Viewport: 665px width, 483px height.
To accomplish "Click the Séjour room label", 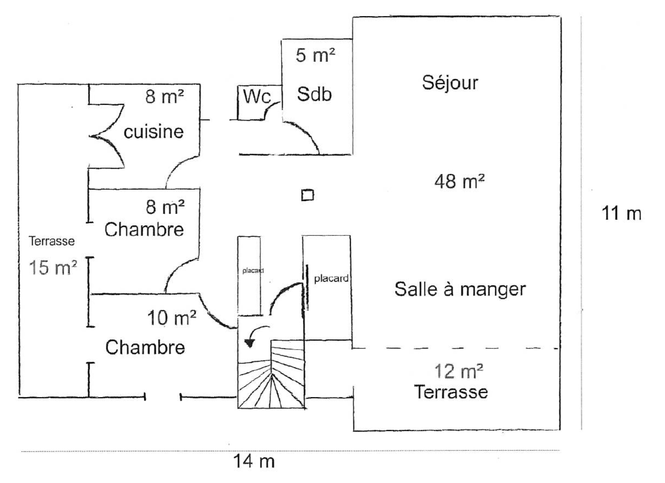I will click(x=450, y=83).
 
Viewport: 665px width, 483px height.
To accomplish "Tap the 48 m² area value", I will click(x=459, y=182).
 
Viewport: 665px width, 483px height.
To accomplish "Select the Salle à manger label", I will click(x=460, y=289).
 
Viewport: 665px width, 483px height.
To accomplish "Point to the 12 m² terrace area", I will click(x=458, y=371).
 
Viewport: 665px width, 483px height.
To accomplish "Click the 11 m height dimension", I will click(x=621, y=213).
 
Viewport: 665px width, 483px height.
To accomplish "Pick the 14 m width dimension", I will click(x=254, y=461).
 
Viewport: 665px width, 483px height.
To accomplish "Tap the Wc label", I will click(x=257, y=97).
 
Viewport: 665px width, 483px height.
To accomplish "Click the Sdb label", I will click(x=314, y=94).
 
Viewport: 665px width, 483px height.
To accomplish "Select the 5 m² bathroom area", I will click(x=315, y=55).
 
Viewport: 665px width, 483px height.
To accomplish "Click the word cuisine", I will click(x=153, y=132).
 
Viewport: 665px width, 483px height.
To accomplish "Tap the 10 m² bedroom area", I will click(x=171, y=318).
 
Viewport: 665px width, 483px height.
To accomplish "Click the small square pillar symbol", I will click(x=307, y=195).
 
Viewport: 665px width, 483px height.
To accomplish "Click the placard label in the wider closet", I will click(x=331, y=279).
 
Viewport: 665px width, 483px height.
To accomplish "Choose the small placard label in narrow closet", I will click(x=253, y=271).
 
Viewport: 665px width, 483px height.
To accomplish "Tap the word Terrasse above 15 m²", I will click(x=52, y=241).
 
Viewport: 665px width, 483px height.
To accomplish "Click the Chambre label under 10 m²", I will click(x=145, y=347).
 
